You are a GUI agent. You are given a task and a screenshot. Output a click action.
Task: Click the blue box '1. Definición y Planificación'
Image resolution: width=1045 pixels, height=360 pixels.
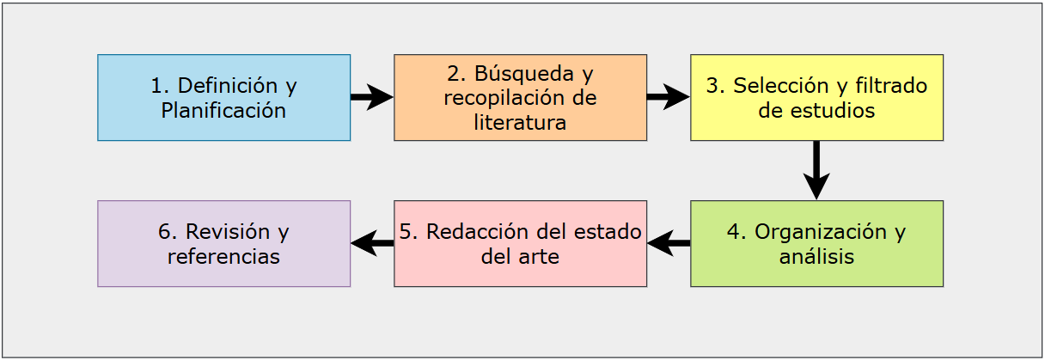click(224, 97)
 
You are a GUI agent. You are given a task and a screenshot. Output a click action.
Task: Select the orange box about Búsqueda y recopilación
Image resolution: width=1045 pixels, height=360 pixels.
click(520, 97)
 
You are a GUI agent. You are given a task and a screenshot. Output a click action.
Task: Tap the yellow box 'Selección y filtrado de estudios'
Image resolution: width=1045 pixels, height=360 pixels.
click(817, 97)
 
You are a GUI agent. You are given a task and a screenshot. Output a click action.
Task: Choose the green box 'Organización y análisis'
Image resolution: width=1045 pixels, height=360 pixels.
click(817, 243)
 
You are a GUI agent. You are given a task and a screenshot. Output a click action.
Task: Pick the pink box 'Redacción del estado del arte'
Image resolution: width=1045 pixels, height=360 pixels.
click(520, 243)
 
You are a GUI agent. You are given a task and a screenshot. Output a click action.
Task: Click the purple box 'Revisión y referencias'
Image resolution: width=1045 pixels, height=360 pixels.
click(224, 243)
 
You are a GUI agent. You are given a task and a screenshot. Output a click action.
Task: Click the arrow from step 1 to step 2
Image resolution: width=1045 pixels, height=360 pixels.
click(372, 97)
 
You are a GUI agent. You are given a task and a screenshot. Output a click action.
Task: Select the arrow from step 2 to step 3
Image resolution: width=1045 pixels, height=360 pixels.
click(669, 97)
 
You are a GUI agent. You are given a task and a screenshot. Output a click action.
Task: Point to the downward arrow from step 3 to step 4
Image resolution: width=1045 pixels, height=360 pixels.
click(816, 170)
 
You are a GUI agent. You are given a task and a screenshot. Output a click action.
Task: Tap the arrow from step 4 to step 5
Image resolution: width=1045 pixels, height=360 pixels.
click(669, 243)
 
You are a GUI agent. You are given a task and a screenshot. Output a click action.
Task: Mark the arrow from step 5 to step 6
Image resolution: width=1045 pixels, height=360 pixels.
click(372, 243)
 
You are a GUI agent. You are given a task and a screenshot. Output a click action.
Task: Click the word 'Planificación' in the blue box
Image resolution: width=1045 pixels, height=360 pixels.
click(223, 111)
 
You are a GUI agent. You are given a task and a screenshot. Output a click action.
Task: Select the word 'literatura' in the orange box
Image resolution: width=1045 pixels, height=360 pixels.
click(520, 123)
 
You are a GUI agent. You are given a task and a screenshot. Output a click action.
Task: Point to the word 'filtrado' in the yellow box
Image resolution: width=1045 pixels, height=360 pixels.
click(891, 86)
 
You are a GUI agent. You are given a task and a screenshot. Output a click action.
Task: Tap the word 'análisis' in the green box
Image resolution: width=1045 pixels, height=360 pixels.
click(817, 256)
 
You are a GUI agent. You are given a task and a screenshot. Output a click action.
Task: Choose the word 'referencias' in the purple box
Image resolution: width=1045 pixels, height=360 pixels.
click(224, 257)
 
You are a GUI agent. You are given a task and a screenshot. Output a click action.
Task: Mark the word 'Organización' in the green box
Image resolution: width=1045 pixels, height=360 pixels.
click(821, 232)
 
